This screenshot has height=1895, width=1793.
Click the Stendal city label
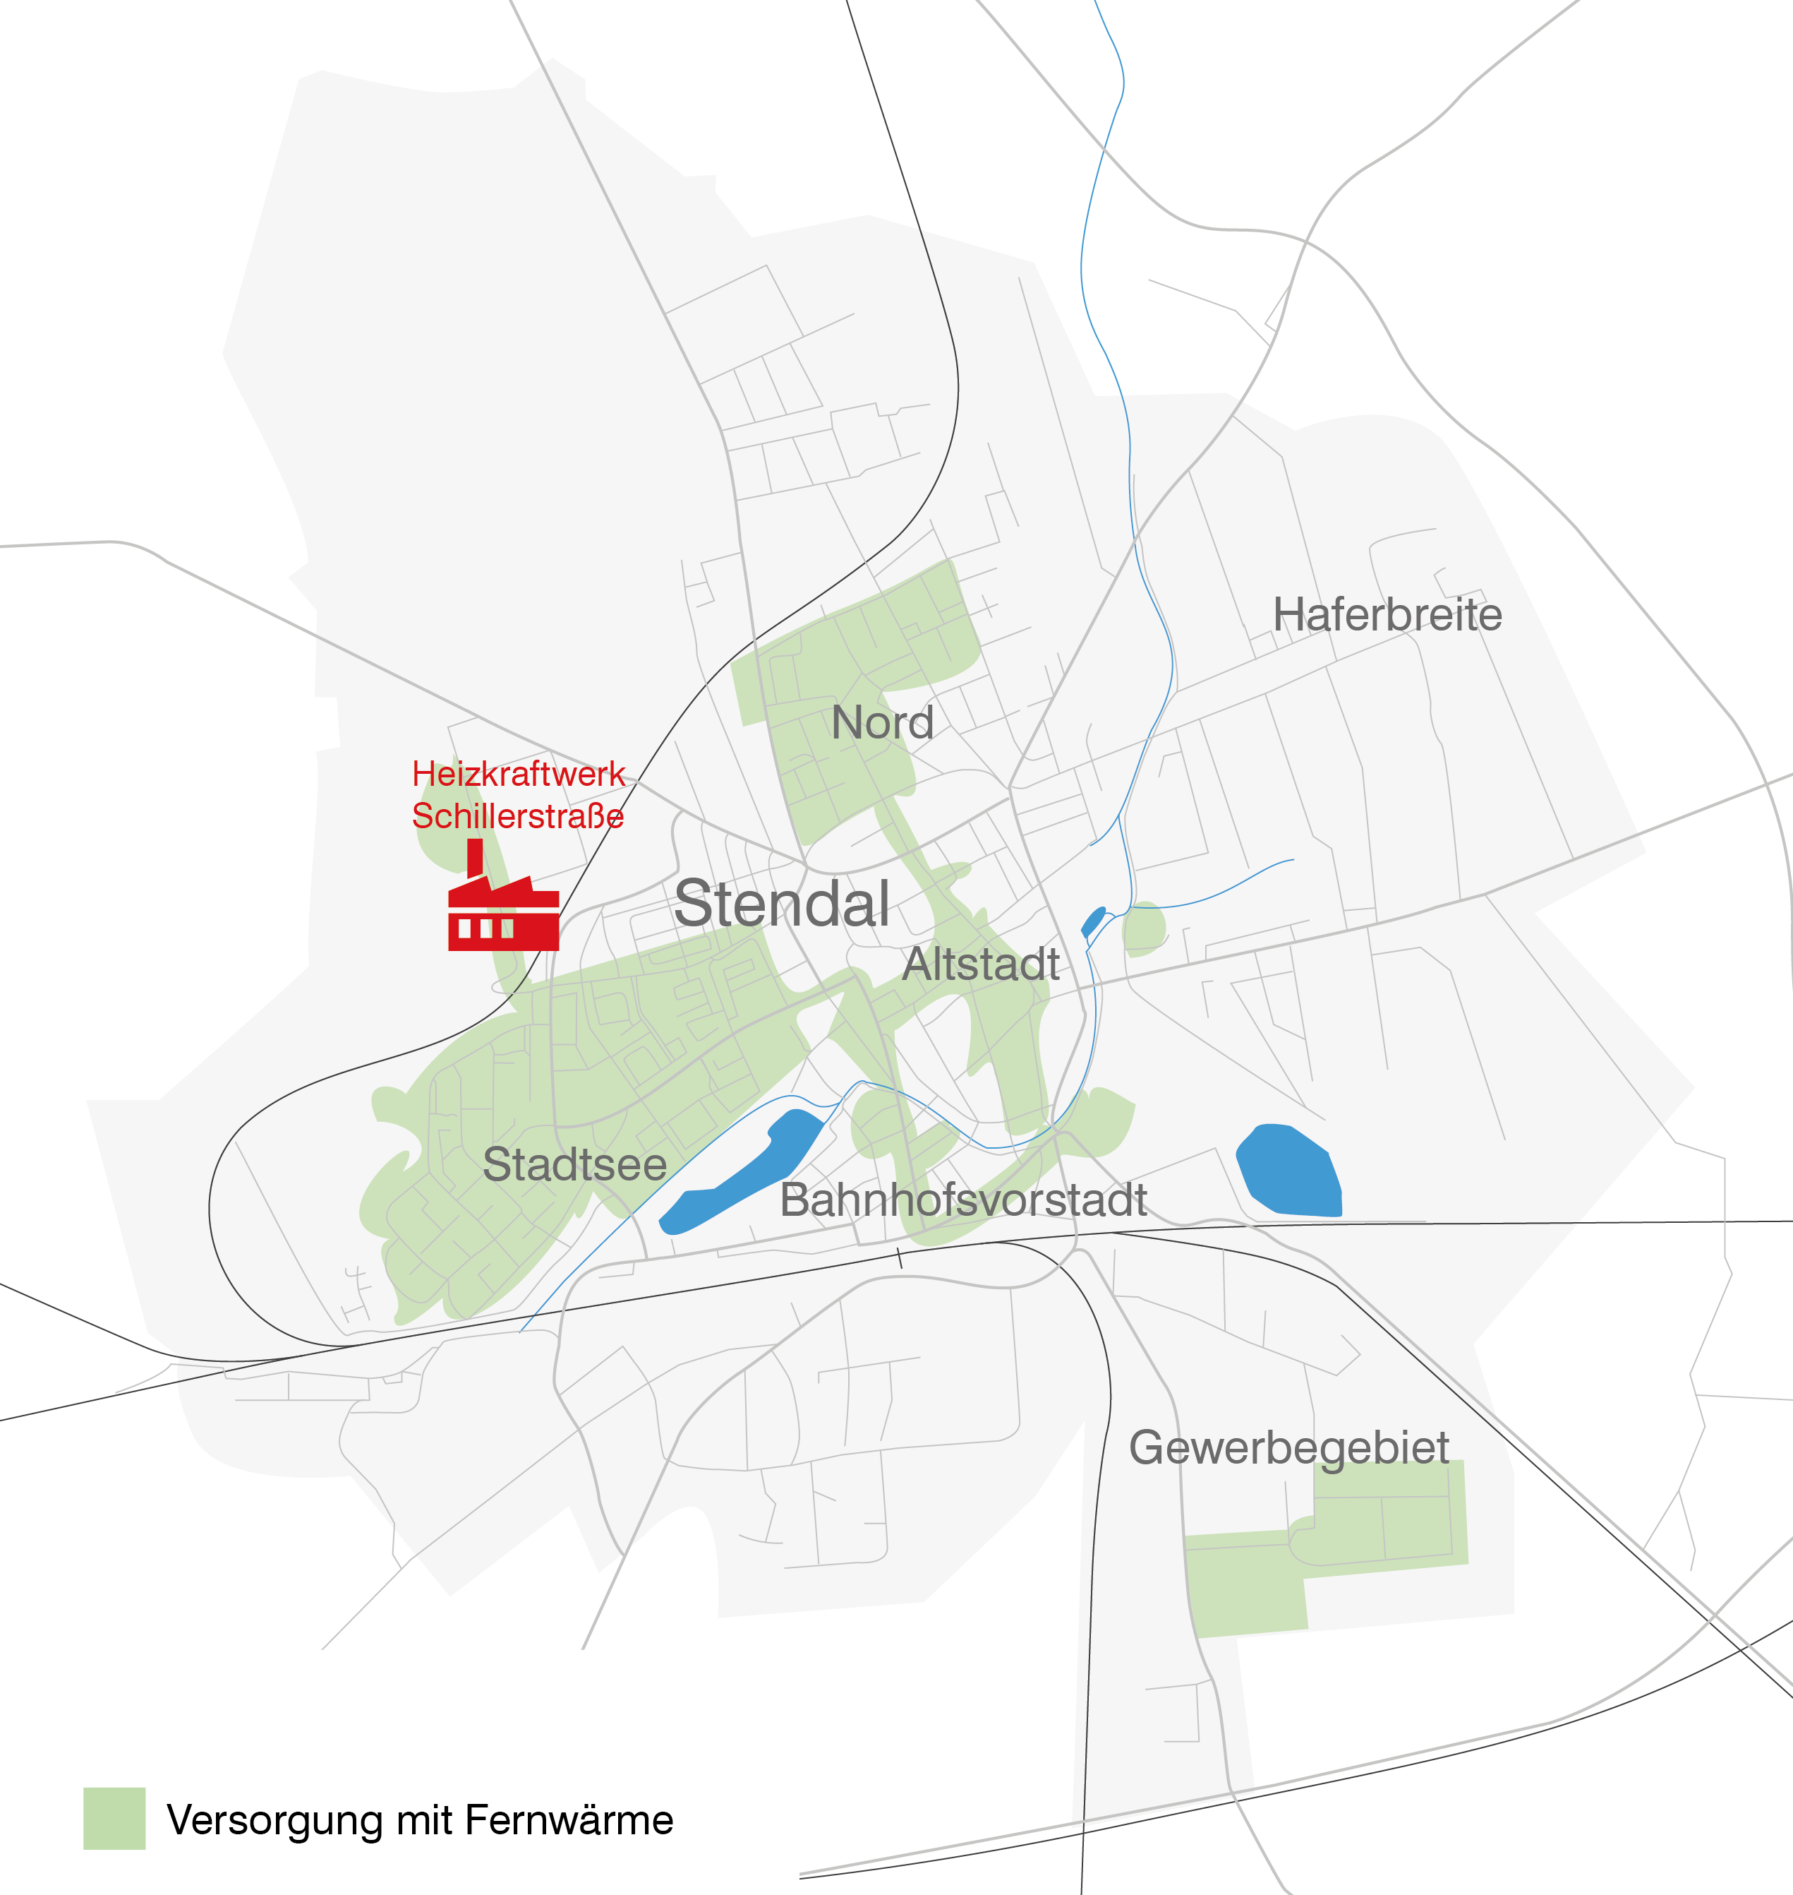coord(782,904)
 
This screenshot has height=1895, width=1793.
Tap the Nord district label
coord(882,723)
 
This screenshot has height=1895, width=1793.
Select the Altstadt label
coord(981,964)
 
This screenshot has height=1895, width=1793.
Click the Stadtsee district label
coord(574,1164)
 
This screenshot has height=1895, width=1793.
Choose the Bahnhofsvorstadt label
coord(963,1200)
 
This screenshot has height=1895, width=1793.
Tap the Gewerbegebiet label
coord(1288,1447)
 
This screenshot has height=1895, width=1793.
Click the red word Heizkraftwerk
coord(518,774)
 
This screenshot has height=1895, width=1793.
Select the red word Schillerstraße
coord(517,815)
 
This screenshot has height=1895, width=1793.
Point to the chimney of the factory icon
coord(475,856)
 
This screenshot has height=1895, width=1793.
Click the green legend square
coord(115,1819)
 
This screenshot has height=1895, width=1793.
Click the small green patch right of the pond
coord(1144,928)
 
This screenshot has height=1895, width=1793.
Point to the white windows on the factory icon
coord(485,928)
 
